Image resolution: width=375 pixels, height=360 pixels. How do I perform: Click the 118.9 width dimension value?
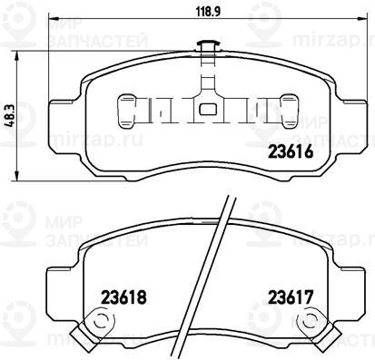(x=209, y=12)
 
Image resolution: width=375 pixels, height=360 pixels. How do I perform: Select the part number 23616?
(x=290, y=151)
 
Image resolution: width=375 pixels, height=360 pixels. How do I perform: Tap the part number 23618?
(x=124, y=297)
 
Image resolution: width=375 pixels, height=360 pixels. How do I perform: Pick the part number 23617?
(x=291, y=297)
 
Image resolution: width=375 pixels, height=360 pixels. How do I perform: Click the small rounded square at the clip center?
(x=208, y=109)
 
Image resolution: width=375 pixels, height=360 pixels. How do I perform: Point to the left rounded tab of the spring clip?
(x=126, y=111)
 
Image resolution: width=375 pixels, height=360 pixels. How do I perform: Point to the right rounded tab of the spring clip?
(x=290, y=111)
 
